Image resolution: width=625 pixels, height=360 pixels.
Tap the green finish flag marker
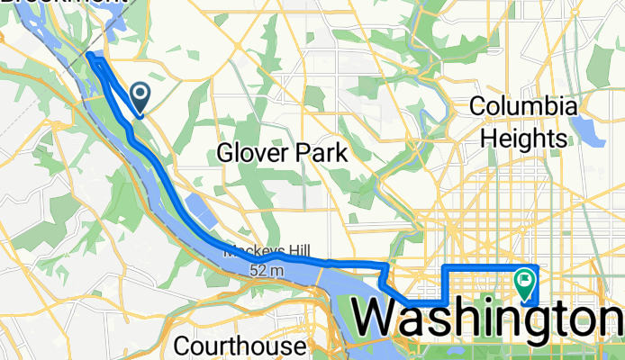pos(525,283)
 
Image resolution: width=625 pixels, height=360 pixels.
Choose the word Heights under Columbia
pos(523,138)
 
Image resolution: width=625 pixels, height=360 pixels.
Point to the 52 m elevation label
pos(267,269)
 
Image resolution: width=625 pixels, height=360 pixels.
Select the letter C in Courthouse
pos(182,346)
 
